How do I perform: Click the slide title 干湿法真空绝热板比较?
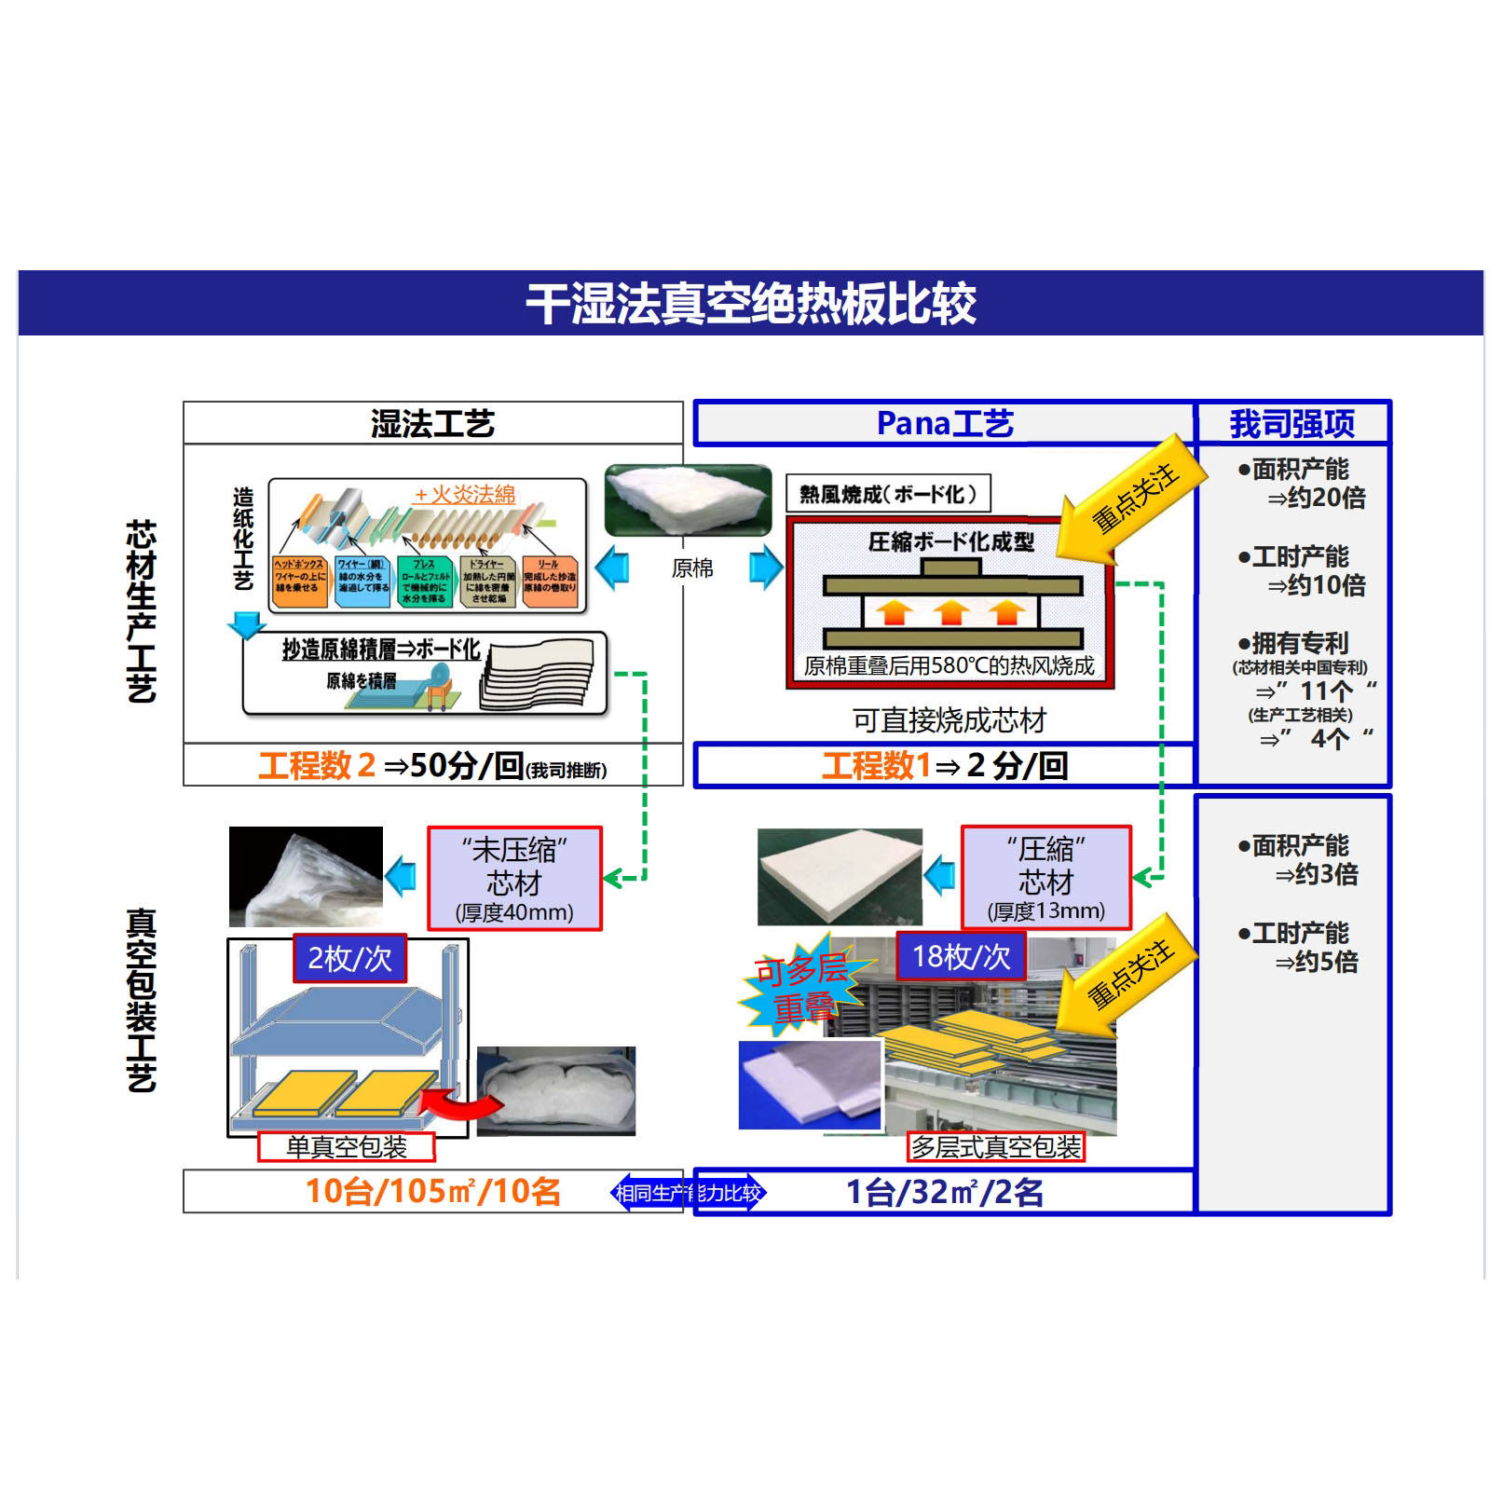click(x=751, y=304)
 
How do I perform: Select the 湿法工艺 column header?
click(x=432, y=424)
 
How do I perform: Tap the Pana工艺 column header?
click(x=944, y=424)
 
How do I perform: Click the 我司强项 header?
click(x=1291, y=424)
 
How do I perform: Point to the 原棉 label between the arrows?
click(x=692, y=568)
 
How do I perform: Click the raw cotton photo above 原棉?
click(x=688, y=500)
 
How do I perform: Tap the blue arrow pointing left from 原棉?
click(x=612, y=568)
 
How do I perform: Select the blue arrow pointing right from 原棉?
click(x=766, y=568)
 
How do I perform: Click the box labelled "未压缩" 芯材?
click(x=514, y=878)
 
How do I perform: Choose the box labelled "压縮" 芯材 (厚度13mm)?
click(x=1045, y=878)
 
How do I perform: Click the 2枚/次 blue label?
click(x=349, y=958)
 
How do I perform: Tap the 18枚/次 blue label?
click(x=961, y=956)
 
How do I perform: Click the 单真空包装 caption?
click(x=347, y=1146)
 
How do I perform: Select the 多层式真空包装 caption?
click(x=995, y=1146)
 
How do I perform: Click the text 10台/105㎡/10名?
click(x=432, y=1191)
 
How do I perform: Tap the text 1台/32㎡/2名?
click(x=944, y=1191)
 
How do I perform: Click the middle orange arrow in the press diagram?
click(x=950, y=612)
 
